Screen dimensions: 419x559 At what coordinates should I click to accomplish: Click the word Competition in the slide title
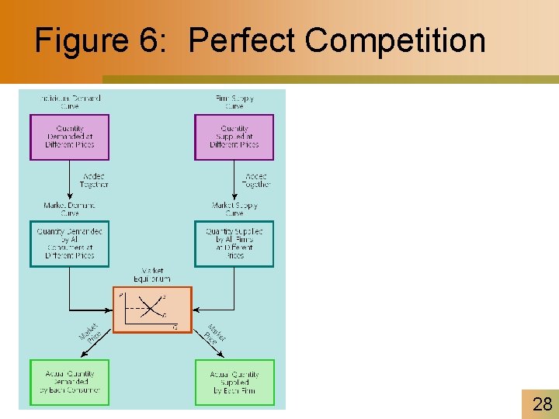(x=395, y=40)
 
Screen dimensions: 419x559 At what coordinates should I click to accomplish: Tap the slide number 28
(x=542, y=403)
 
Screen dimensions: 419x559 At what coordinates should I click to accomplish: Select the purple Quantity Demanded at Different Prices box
(x=70, y=137)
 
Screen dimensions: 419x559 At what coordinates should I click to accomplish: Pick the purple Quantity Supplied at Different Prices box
(x=234, y=137)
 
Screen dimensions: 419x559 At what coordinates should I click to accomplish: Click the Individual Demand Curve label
(x=70, y=102)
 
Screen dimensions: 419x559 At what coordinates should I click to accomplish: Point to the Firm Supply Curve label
(x=234, y=102)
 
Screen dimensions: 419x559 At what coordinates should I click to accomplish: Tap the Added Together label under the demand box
(x=94, y=180)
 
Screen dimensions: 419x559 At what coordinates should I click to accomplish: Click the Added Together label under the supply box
(x=255, y=180)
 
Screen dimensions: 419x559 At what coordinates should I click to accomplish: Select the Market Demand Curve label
(x=70, y=209)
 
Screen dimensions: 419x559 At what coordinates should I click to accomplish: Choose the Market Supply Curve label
(x=234, y=209)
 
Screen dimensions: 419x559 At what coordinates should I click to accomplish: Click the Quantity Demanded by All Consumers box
(x=70, y=244)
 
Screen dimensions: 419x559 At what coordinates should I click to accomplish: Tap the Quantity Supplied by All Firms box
(x=234, y=244)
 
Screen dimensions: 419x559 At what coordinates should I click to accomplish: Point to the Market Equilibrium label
(x=151, y=275)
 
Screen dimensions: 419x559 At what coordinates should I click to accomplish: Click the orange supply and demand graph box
(x=151, y=310)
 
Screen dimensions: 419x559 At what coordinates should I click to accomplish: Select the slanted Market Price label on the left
(x=90, y=334)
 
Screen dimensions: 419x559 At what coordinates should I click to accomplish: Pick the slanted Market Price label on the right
(x=214, y=334)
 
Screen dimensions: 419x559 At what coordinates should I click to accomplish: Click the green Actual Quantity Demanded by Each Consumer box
(x=70, y=382)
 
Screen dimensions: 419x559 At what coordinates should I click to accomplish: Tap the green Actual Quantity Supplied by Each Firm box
(x=234, y=382)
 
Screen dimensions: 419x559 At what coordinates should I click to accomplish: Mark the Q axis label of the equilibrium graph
(x=175, y=327)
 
